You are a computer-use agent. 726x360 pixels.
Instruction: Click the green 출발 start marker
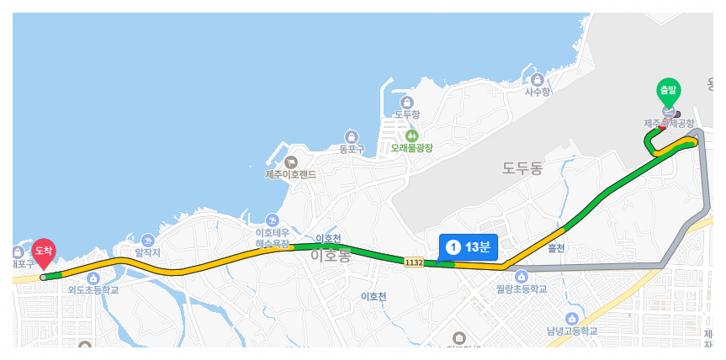point(668,90)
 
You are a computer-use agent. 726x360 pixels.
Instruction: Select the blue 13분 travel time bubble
point(468,246)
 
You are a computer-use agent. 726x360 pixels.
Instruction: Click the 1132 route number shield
point(413,262)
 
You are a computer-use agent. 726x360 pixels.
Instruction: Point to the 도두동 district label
point(522,168)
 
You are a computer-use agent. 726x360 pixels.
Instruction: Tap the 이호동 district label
point(330,255)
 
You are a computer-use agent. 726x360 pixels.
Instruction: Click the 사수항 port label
point(538,92)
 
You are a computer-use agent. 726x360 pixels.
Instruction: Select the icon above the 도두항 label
point(407,102)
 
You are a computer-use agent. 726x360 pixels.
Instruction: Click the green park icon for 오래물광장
point(411,135)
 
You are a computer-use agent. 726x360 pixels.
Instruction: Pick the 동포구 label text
point(352,149)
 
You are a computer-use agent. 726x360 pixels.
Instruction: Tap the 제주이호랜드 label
point(290,174)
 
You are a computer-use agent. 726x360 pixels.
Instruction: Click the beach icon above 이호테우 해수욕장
point(272,220)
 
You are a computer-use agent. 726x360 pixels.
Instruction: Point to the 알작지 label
point(147,251)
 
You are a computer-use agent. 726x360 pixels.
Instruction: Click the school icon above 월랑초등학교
point(522,277)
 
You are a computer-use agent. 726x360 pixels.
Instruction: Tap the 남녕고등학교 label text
point(571,331)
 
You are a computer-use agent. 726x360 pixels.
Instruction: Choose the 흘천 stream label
point(556,247)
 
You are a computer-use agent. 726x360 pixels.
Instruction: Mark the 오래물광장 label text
point(411,148)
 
